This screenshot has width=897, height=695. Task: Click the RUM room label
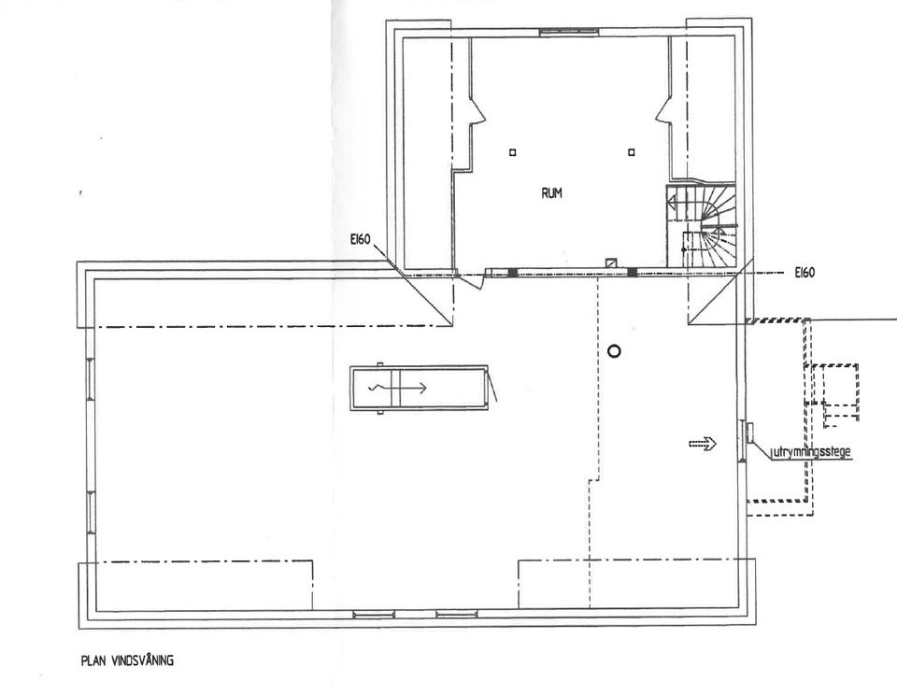[551, 193]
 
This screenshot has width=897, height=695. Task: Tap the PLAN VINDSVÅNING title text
[127, 660]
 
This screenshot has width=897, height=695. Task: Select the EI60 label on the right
[804, 273]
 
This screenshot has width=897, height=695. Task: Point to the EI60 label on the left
[361, 240]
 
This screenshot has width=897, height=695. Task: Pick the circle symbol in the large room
[614, 351]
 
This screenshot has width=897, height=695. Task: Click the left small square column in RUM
[513, 152]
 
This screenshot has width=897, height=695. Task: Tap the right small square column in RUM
[631, 152]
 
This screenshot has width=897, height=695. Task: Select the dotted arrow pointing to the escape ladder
[703, 444]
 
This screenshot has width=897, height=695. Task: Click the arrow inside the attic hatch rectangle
[399, 389]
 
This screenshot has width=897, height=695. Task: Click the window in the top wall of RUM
[569, 32]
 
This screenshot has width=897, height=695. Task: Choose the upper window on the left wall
[91, 378]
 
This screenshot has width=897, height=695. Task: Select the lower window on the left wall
[91, 513]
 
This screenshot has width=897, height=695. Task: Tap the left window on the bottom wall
[374, 615]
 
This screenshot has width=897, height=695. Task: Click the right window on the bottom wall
[457, 615]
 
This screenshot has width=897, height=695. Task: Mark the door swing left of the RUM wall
[471, 281]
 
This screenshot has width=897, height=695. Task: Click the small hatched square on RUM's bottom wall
[612, 263]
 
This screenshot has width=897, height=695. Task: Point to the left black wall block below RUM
[513, 272]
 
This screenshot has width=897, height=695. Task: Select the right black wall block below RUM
[633, 272]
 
